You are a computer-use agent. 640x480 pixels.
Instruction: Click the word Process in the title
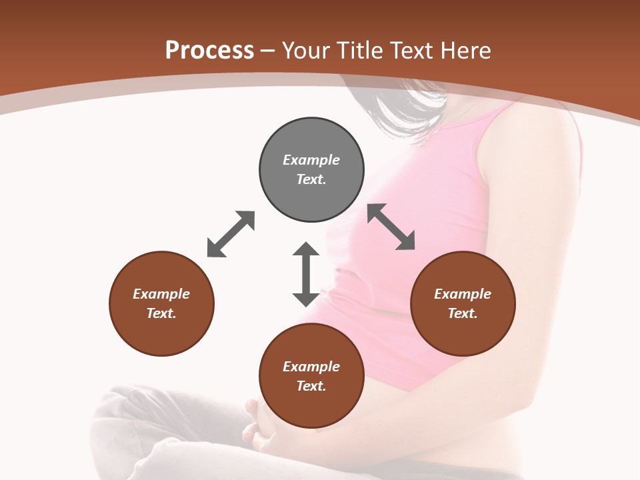click(209, 51)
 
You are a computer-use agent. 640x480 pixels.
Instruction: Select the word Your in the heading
click(307, 51)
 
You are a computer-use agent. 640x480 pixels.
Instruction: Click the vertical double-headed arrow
click(306, 274)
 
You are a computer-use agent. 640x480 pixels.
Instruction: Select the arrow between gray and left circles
click(231, 234)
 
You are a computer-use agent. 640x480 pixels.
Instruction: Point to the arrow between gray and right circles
click(391, 227)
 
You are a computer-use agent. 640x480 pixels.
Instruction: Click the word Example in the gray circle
click(311, 160)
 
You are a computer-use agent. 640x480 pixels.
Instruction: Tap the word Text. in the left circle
click(161, 313)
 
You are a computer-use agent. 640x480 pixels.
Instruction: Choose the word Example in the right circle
click(463, 294)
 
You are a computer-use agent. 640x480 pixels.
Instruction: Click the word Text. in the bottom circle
click(311, 386)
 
